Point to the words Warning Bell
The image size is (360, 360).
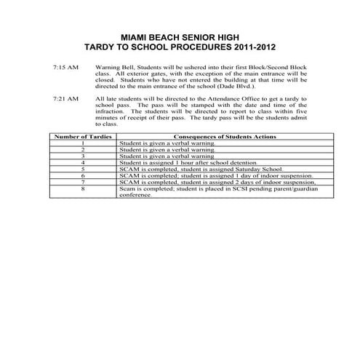point(112,66)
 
